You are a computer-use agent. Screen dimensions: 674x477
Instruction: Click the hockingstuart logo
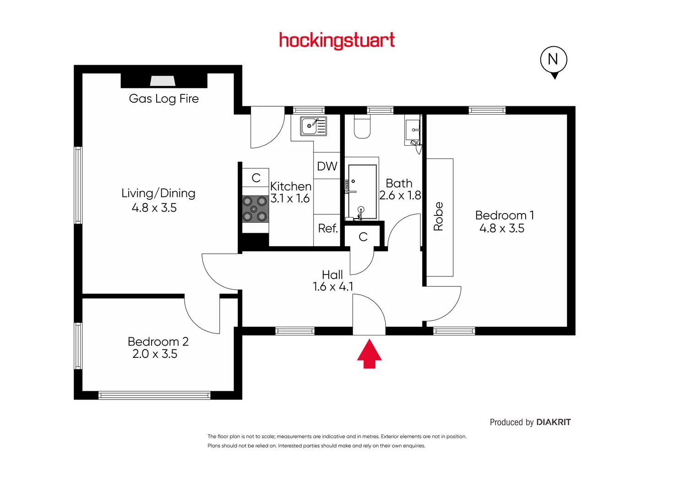pos(337,41)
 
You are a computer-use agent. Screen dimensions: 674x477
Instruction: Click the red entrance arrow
pos(370,354)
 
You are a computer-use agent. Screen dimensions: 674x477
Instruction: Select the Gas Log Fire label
pos(163,99)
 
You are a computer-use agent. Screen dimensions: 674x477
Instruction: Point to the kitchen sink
pos(313,126)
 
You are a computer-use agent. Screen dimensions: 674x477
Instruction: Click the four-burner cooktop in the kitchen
pos(255,209)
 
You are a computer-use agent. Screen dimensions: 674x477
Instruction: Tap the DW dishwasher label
pos(327,166)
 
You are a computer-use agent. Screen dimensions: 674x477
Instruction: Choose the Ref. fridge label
pos(328,228)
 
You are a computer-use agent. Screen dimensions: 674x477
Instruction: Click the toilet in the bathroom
pos(362,126)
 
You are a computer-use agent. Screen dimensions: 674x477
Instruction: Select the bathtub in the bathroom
pos(362,192)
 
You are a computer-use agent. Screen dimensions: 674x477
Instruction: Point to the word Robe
pos(438,216)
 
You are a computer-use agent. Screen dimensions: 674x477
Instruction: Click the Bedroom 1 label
pos(505,215)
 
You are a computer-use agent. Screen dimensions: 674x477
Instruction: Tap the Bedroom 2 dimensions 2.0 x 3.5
pos(155,354)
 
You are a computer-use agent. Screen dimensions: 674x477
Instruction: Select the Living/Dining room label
pos(158,193)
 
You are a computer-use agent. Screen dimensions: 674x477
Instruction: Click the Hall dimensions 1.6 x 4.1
pos(333,286)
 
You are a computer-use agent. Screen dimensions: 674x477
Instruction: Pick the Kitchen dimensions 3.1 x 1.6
pos(290,198)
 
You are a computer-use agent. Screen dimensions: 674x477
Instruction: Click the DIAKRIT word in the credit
pos(554,422)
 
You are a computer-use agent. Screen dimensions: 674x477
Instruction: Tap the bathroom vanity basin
pos(413,130)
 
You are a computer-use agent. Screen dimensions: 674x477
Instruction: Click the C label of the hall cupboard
pos(363,237)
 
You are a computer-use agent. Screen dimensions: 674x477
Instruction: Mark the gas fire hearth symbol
pos(163,81)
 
